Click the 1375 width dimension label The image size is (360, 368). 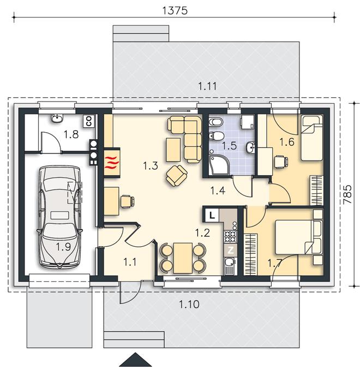pyautogui.click(x=175, y=10)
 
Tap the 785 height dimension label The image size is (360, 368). pyautogui.click(x=347, y=194)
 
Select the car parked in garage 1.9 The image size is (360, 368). pyautogui.click(x=60, y=217)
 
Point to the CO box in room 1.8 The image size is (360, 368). pyautogui.click(x=89, y=121)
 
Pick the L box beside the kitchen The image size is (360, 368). pyautogui.click(x=212, y=215)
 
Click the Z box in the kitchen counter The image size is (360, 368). pyautogui.click(x=231, y=251)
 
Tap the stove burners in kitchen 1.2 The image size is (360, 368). pyautogui.click(x=230, y=236)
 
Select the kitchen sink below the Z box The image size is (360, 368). pyautogui.click(x=230, y=266)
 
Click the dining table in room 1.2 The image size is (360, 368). pyautogui.click(x=183, y=258)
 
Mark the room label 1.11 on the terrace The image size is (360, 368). pyautogui.click(x=207, y=86)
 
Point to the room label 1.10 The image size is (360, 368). pyautogui.click(x=189, y=305)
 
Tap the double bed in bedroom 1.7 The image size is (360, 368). pyautogui.click(x=298, y=237)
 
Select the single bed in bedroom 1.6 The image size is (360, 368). pyautogui.click(x=312, y=138)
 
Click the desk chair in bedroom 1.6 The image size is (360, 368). pyautogui.click(x=281, y=162)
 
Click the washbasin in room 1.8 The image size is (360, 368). pyautogui.click(x=57, y=118)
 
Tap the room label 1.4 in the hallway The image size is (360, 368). pyautogui.click(x=218, y=191)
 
